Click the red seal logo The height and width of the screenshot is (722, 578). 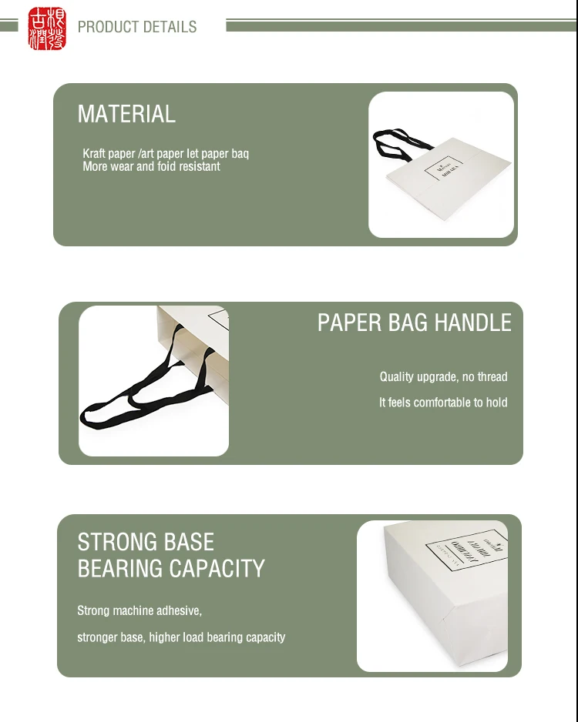(47, 28)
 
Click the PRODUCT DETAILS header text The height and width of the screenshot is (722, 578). (137, 27)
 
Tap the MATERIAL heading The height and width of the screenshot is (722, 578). (126, 114)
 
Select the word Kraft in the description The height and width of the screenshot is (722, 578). (94, 154)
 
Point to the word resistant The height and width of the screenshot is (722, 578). (200, 166)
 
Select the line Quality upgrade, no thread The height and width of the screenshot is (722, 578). (443, 377)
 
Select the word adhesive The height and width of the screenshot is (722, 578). (179, 611)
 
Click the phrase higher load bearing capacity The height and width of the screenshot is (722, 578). (217, 637)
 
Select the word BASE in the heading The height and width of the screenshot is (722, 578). (189, 542)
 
